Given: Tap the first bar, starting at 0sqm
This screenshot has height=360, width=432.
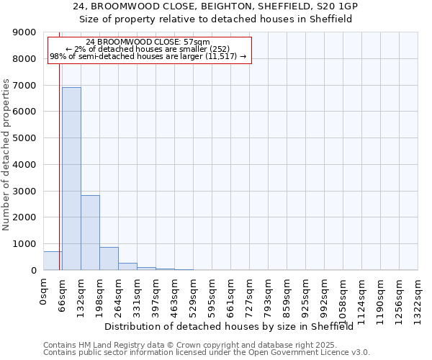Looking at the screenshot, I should [x=53, y=261].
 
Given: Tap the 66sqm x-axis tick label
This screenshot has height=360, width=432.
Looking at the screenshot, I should [x=63, y=294].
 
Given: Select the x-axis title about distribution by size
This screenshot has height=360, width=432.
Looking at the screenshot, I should [x=233, y=327].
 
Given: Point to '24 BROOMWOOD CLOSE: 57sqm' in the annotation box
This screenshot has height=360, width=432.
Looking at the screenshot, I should [x=148, y=42].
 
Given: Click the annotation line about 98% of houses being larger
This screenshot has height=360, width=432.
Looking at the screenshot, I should [x=148, y=56].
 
